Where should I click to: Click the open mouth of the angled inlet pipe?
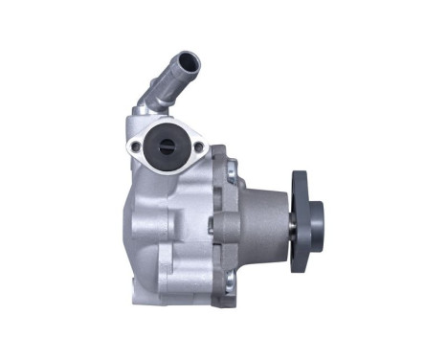pos(190,63)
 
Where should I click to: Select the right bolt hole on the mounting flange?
pos(199,146)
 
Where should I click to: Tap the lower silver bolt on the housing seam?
pos(230,279)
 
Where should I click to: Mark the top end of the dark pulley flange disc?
pos(300,176)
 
